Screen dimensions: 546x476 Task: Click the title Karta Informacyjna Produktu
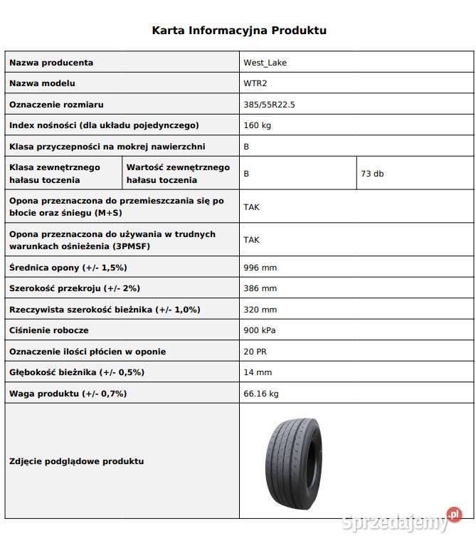point(239,31)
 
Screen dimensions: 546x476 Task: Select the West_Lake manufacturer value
point(265,63)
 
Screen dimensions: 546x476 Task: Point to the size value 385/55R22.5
point(269,105)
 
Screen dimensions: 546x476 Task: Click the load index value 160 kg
point(257,125)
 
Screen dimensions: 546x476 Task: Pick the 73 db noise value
point(372,174)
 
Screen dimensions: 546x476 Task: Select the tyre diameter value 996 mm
point(260,268)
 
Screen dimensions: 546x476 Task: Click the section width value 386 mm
point(260,288)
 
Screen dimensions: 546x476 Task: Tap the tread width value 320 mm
point(260,310)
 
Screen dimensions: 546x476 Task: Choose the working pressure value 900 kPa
point(259,330)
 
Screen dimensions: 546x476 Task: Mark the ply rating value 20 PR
point(255,352)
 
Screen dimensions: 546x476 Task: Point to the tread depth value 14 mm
point(258,372)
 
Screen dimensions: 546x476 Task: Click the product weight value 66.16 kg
point(260,393)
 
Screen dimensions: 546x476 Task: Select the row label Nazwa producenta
point(51,63)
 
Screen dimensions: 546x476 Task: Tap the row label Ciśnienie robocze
point(48,330)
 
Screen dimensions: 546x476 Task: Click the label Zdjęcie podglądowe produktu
point(77,461)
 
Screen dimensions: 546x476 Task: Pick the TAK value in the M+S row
point(251,207)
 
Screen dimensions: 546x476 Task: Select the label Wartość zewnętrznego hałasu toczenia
point(178,174)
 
